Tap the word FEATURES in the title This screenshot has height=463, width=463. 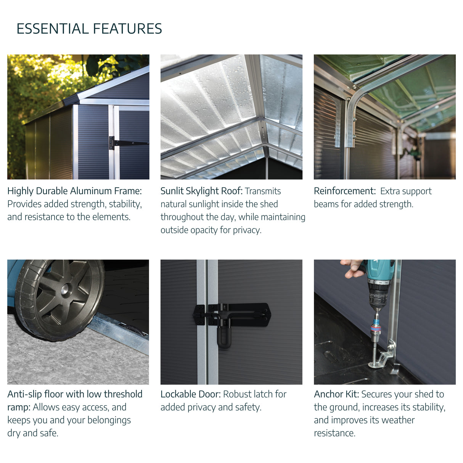(x=128, y=29)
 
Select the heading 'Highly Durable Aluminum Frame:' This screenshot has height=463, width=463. (x=74, y=191)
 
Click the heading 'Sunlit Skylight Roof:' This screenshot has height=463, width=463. (x=202, y=191)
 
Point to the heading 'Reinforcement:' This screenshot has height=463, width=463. (x=345, y=191)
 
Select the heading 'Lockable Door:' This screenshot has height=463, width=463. (x=191, y=394)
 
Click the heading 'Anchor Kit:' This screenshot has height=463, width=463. (x=336, y=394)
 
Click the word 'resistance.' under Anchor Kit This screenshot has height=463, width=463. (x=335, y=433)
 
